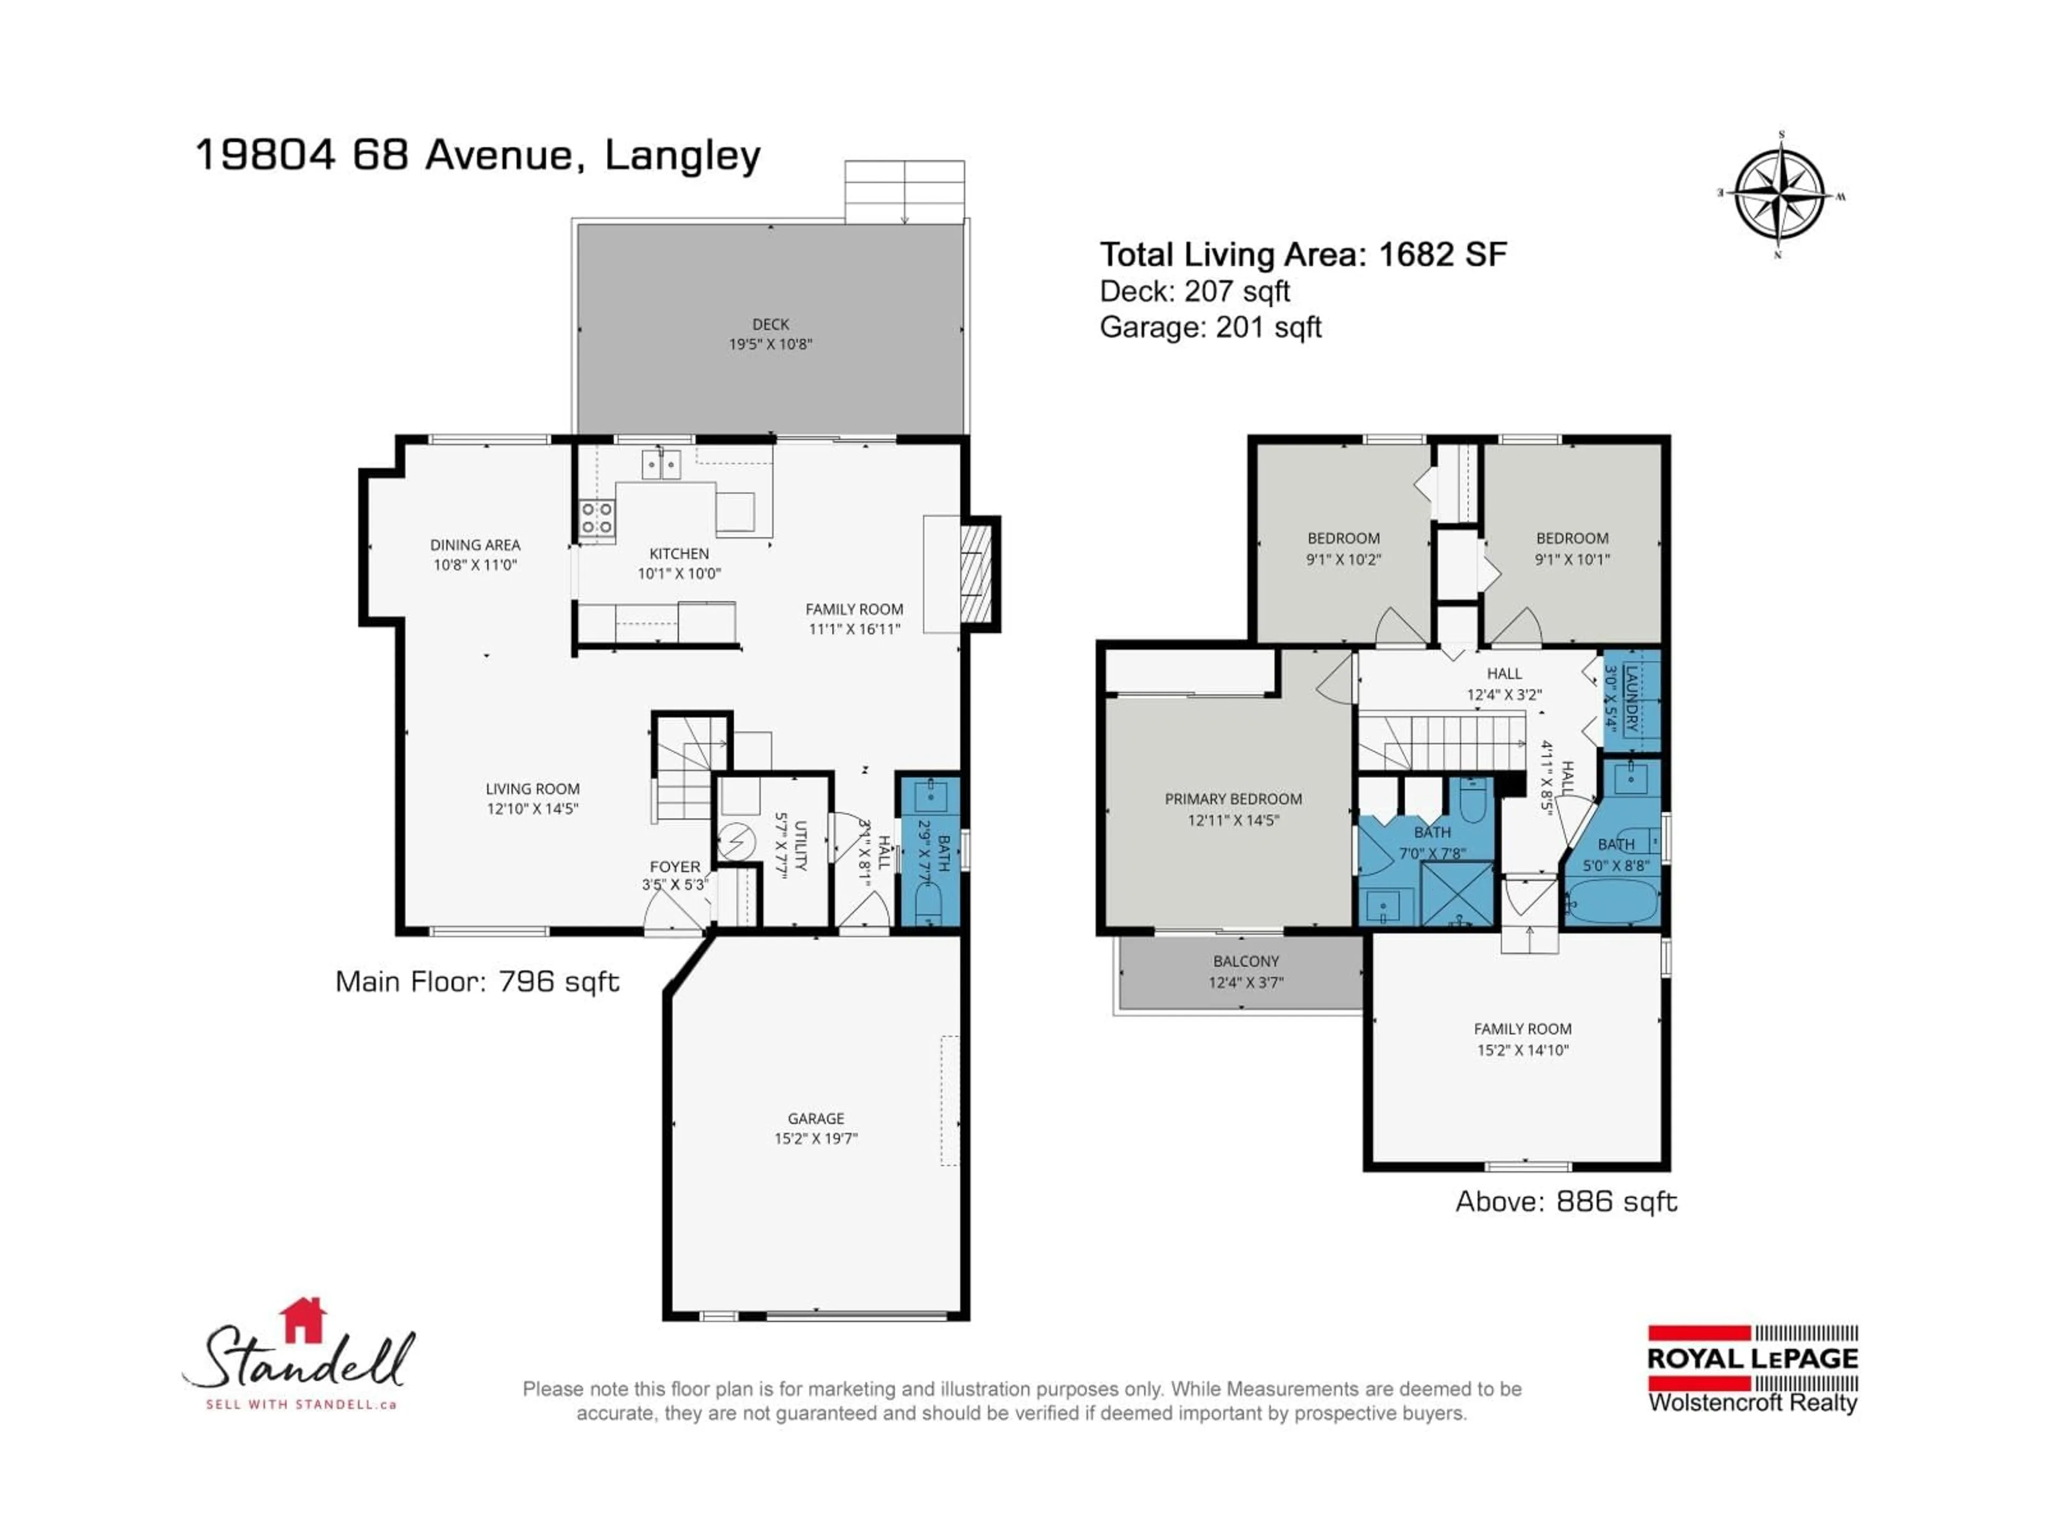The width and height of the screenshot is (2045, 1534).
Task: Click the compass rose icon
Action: [x=1780, y=195]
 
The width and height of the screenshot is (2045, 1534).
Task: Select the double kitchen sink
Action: [x=661, y=464]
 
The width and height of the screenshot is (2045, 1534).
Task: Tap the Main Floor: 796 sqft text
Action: [x=477, y=982]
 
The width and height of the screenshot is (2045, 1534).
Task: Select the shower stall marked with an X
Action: [x=1456, y=893]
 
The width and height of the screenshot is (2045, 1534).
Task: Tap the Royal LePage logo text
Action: [x=1752, y=1358]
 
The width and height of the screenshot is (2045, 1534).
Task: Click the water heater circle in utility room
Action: [x=737, y=842]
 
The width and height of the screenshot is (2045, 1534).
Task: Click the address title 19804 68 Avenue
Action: [x=478, y=156]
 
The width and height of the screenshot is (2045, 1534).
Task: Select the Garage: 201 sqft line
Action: [x=1210, y=328]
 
